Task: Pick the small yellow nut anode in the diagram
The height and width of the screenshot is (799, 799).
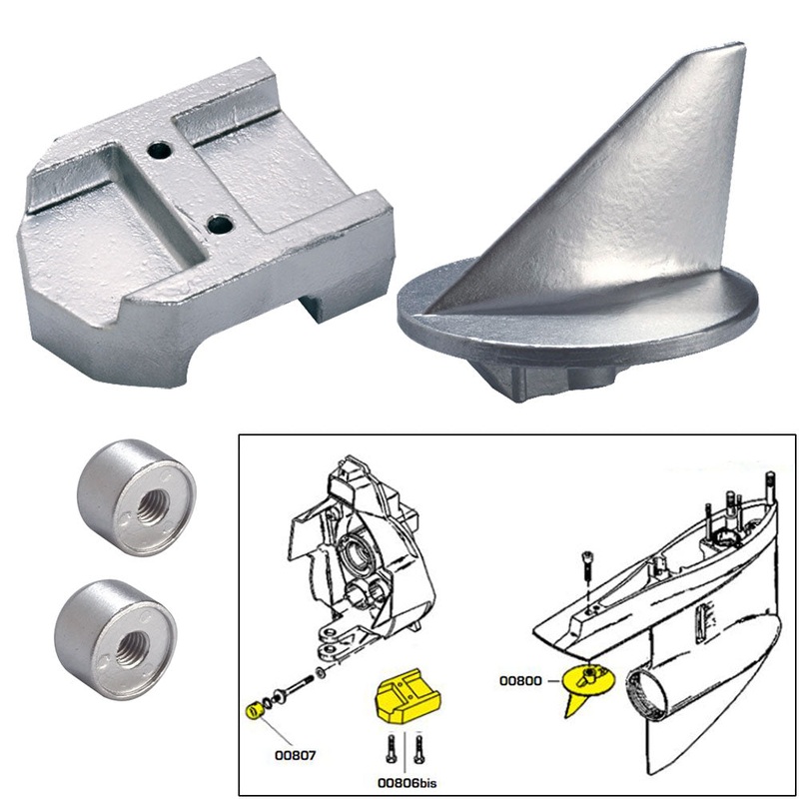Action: [x=254, y=710]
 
